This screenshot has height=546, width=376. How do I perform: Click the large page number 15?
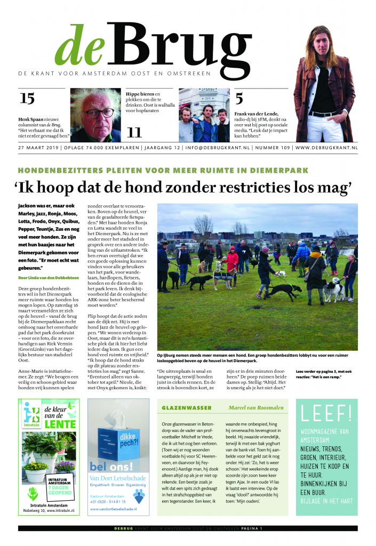coord(27,99)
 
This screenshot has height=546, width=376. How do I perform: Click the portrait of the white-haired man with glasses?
coord(95,115)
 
